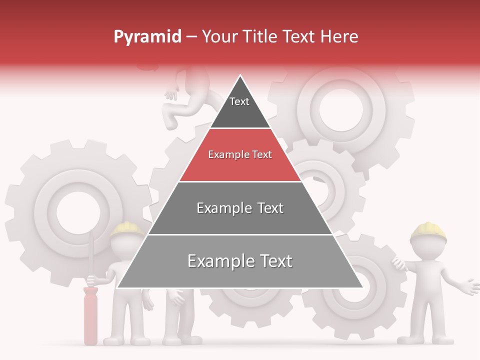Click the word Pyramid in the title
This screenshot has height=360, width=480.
(147, 37)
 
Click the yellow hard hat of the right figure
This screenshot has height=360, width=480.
(428, 230)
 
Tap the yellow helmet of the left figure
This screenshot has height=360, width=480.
(127, 229)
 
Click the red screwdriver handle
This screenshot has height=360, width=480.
(90, 315)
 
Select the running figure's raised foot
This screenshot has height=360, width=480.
(170, 121)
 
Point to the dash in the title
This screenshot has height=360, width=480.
(191, 37)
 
